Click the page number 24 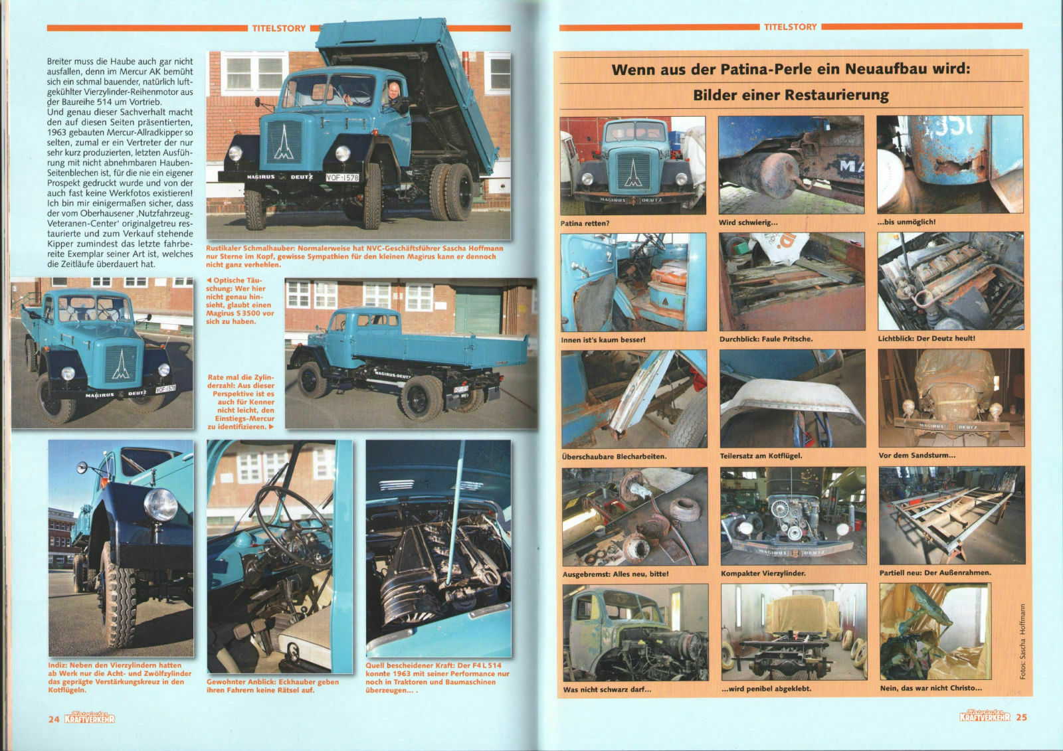tap(54, 719)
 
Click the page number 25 tap(1021, 717)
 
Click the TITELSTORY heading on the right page tap(790, 27)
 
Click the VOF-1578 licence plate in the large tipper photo tap(342, 177)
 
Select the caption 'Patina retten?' tap(585, 223)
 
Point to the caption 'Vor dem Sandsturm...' tap(917, 456)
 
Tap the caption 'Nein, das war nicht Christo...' tap(931, 688)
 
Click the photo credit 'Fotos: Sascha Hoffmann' tap(1022, 641)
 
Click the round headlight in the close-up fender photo tap(160, 504)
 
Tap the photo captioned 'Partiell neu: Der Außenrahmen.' tap(952, 516)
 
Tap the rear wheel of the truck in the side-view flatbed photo tap(421, 398)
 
